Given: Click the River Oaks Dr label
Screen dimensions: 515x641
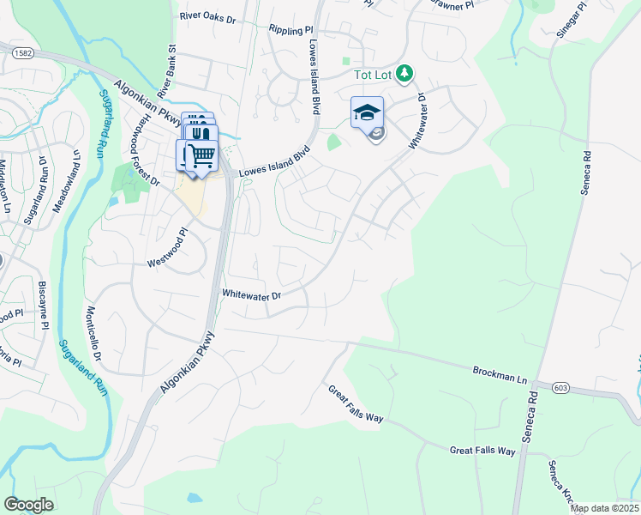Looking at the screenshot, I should [207, 16].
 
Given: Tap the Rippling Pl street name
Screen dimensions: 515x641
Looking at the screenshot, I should [291, 28].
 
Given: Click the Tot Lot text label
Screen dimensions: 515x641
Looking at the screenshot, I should [374, 76].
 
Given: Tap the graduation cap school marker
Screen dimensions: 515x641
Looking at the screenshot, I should [367, 113].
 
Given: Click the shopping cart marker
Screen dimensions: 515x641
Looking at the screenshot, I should [201, 155].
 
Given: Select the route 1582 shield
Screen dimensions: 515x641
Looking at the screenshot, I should [22, 53].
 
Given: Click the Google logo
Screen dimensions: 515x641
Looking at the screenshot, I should [28, 504].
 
